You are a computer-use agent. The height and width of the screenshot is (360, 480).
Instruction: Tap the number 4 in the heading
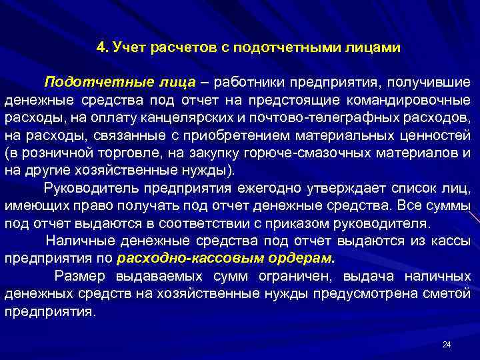(100, 47)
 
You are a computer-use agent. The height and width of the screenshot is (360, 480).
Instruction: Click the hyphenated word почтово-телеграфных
(339, 117)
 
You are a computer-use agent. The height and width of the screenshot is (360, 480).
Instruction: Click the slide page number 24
(447, 344)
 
